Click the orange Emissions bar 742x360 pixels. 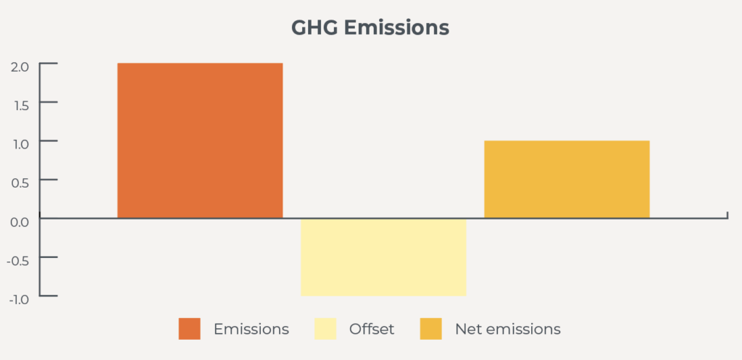200,141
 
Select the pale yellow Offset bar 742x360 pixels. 383,257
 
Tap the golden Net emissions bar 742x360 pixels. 567,180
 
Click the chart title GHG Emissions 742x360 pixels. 370,28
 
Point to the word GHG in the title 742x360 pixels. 314,28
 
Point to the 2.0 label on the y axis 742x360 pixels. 20,67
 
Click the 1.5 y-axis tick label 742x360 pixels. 20,106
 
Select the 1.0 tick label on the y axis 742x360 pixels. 20,144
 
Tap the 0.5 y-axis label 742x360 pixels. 20,183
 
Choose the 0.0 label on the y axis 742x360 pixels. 20,222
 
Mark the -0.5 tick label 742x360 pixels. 17,261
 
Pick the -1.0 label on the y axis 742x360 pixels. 18,299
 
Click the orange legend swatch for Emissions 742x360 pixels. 189,329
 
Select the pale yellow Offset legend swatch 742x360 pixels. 325,329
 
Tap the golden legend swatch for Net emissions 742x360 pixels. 430,329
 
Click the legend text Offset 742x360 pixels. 372,329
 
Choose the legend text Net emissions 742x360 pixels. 508,329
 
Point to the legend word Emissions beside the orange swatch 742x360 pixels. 251,329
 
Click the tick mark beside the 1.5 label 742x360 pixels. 49,101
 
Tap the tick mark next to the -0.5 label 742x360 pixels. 49,257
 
